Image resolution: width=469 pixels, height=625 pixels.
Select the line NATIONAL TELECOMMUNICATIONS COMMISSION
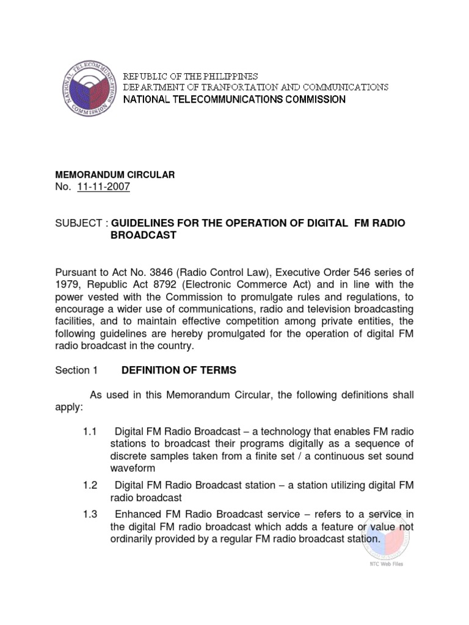[x=234, y=99]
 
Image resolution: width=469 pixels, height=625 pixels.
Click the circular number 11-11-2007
[x=104, y=187]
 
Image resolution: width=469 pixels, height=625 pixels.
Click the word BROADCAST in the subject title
[x=144, y=235]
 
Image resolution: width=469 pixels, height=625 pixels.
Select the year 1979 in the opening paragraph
[x=67, y=284]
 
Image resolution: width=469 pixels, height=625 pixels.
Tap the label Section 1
[x=76, y=370]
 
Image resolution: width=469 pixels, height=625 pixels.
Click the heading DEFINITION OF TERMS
[x=179, y=370]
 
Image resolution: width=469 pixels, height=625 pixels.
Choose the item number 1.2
[x=90, y=485]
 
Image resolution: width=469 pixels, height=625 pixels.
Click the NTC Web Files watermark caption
[x=387, y=564]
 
